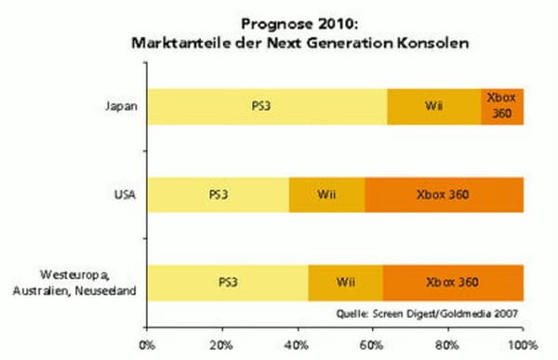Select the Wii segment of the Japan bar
433,106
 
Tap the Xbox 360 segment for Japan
502,106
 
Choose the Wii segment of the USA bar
326,194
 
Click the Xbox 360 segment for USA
445,194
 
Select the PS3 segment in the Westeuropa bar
229,282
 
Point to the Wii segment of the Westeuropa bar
345,282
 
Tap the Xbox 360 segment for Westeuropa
453,282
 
